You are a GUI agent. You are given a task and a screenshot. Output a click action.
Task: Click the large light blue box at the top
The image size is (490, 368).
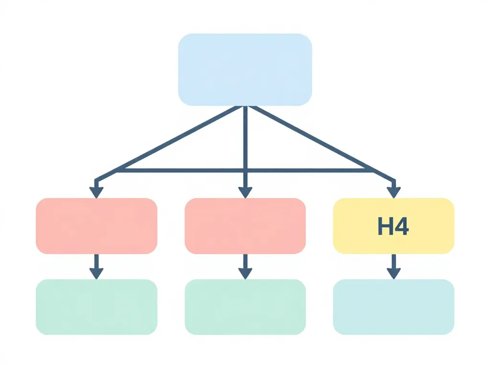coord(245,69)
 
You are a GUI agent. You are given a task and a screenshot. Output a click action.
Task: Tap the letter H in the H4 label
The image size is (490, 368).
coord(385,226)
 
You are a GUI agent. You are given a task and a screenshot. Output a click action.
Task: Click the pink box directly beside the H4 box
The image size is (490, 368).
coord(245,226)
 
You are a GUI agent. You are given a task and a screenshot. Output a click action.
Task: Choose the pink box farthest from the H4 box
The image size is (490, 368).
coord(96,226)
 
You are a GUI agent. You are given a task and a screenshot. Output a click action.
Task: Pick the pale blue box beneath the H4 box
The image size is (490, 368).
coord(393,307)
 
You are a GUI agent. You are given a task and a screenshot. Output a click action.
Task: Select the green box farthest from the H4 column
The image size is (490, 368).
coord(96,307)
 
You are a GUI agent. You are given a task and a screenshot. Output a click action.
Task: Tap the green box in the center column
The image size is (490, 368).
coord(245,307)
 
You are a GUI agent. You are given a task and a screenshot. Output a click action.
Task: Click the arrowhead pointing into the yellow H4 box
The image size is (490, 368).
coord(393,192)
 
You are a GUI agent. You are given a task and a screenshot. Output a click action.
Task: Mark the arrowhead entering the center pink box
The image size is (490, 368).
coord(245,192)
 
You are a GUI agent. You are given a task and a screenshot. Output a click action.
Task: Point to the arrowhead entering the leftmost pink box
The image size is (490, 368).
coord(96,192)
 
